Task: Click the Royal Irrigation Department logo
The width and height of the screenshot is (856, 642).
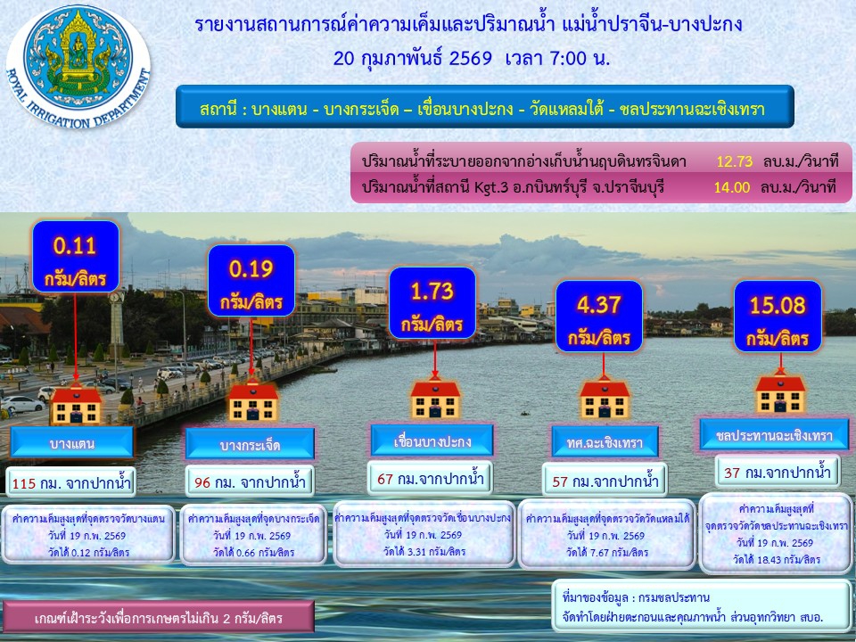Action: point(78,67)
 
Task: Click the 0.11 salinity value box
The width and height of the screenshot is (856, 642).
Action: point(75,257)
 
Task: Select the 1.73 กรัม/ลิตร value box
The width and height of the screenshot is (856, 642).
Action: point(432,302)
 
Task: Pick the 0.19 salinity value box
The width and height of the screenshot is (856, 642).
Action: point(251,280)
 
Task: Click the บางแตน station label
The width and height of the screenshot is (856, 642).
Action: point(71,442)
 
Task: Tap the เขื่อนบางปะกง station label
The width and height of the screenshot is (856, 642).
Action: point(432,440)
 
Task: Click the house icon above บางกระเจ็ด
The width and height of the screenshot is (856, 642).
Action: point(252,400)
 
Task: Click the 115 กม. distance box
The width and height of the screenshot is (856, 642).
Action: point(71,482)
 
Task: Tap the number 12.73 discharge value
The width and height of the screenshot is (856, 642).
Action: point(734,161)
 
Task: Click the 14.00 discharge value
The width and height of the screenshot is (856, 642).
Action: point(731,187)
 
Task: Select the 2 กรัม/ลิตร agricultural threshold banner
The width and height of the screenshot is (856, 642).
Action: point(159,617)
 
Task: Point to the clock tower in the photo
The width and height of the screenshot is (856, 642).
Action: point(116,323)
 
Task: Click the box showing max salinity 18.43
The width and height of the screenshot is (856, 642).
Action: point(777,534)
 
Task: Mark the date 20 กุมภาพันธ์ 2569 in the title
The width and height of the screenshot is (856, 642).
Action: point(412,58)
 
